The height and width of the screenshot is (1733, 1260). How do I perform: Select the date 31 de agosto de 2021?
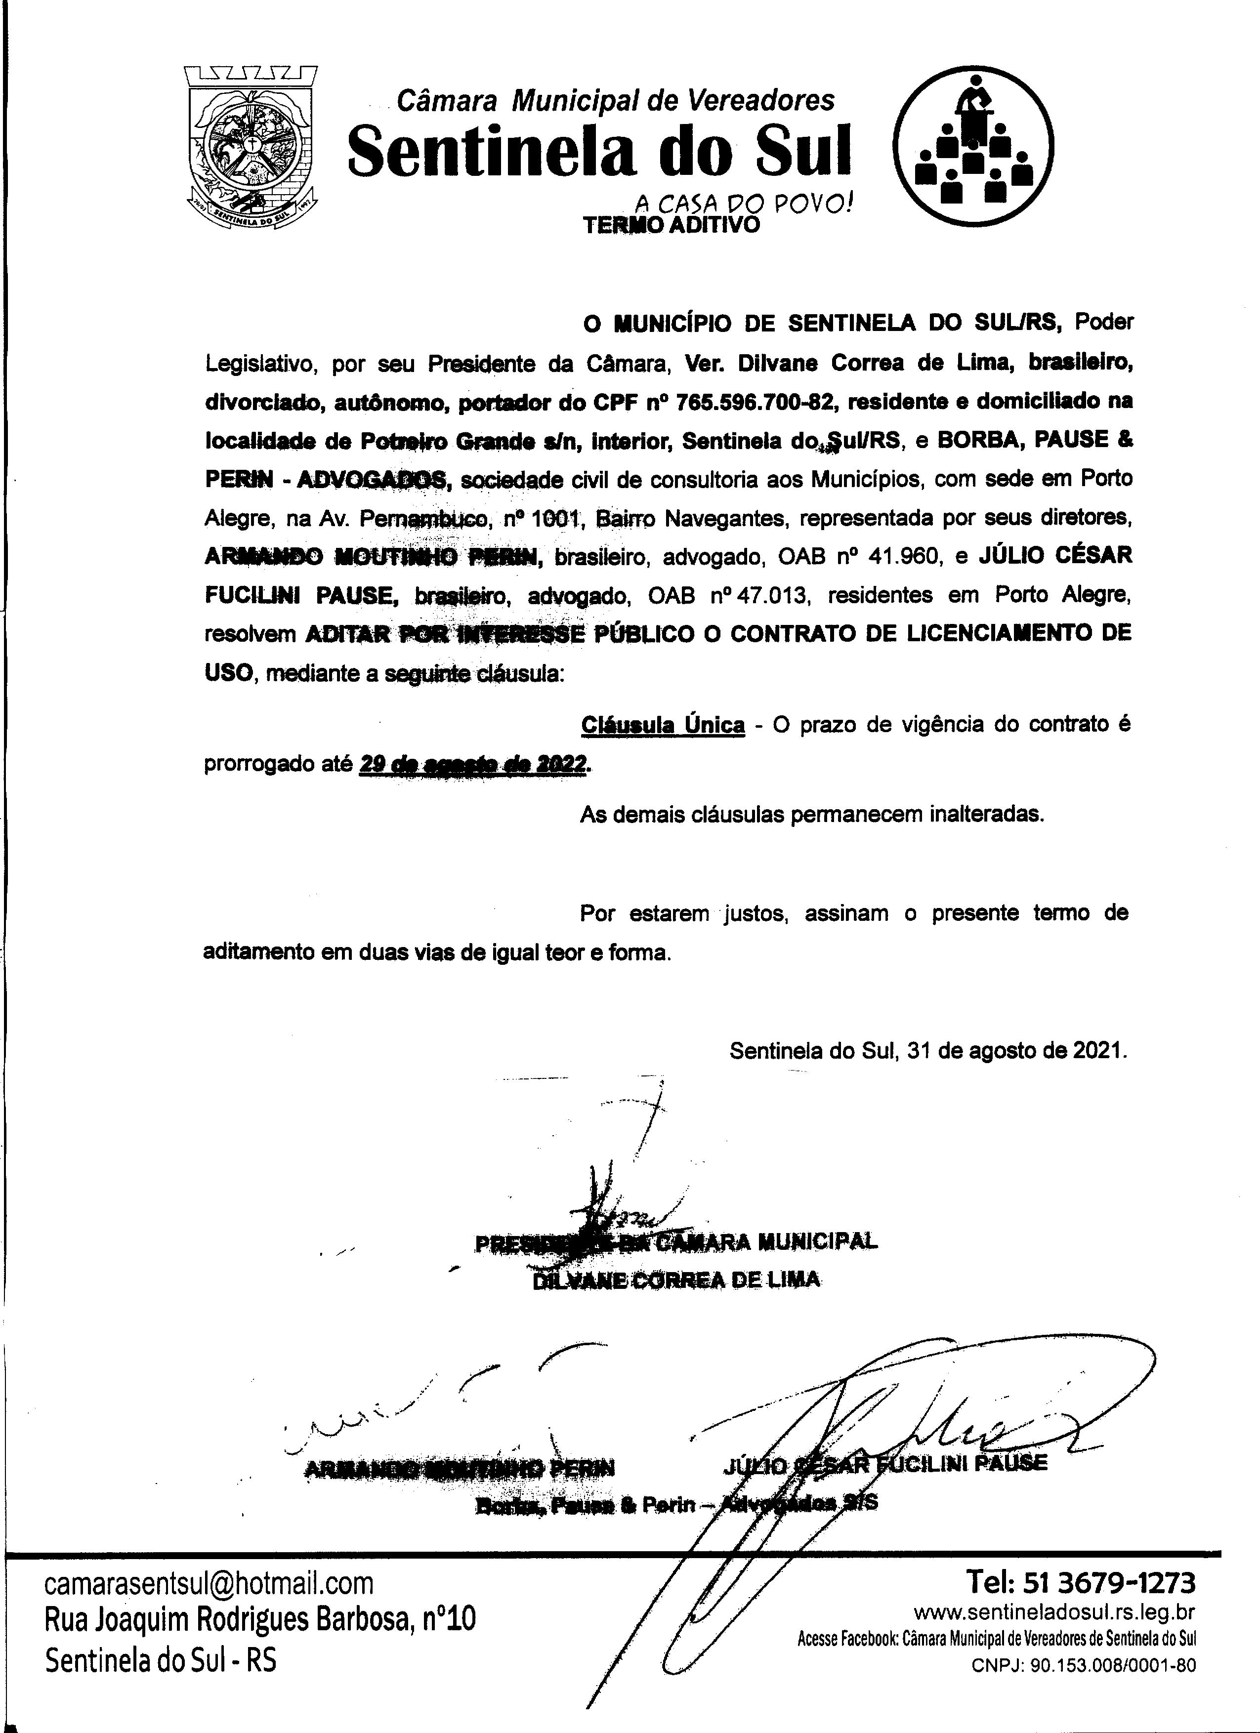point(1016,1051)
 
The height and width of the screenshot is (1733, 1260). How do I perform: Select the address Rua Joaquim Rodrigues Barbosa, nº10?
point(260,1619)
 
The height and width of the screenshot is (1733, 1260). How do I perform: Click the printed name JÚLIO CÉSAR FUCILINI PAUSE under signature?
point(885,1464)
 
